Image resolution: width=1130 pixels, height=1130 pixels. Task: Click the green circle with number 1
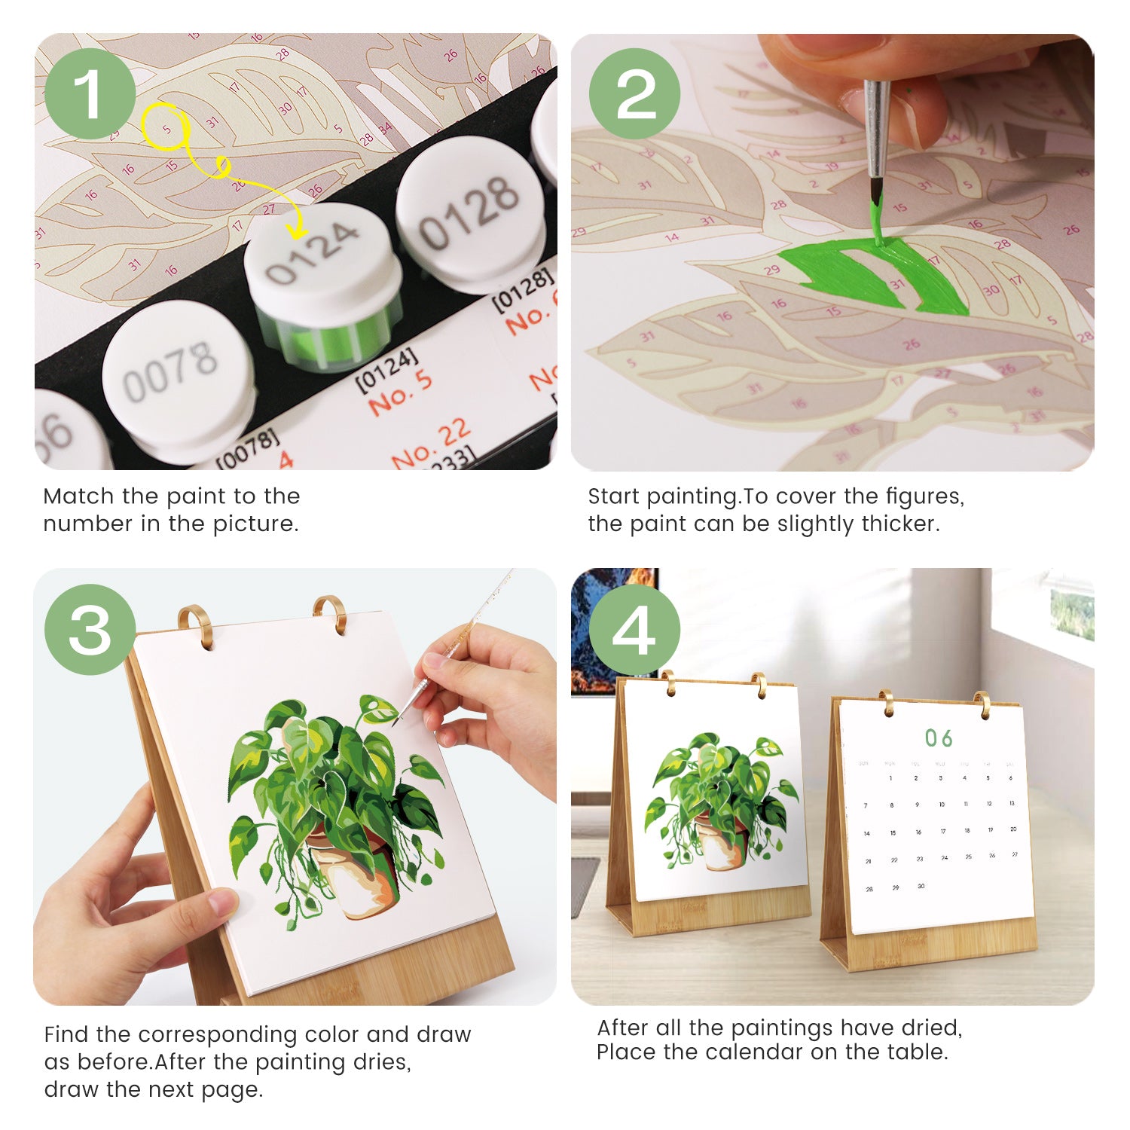(90, 94)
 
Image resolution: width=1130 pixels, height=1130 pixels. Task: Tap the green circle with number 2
(634, 94)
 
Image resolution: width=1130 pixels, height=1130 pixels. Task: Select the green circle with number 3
(90, 629)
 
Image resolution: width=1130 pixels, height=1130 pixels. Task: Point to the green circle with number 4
(634, 629)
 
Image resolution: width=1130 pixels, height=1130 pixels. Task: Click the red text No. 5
(400, 392)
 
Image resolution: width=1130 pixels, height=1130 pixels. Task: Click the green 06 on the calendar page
(939, 738)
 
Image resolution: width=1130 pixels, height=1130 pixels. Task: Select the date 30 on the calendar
(921, 887)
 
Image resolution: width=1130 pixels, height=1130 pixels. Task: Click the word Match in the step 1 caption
(78, 496)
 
